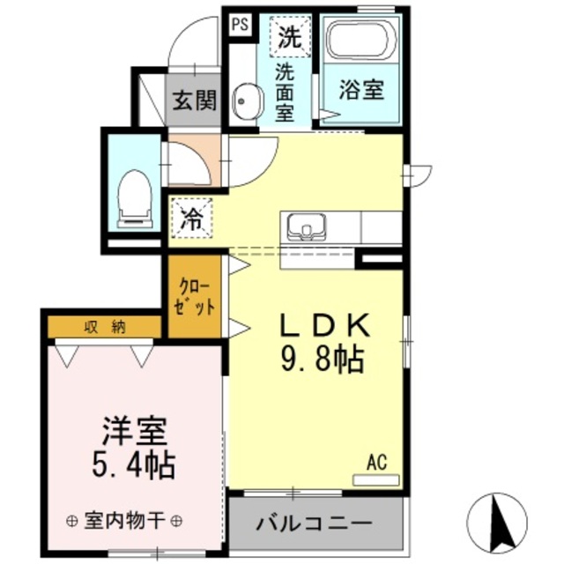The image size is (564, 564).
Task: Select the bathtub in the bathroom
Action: pyautogui.click(x=360, y=39)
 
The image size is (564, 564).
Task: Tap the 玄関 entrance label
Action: pyautogui.click(x=194, y=100)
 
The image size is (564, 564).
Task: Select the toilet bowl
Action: pyautogui.click(x=135, y=195)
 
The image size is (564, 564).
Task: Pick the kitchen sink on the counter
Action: pyautogui.click(x=305, y=227)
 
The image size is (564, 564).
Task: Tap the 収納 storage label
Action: pyautogui.click(x=105, y=327)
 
